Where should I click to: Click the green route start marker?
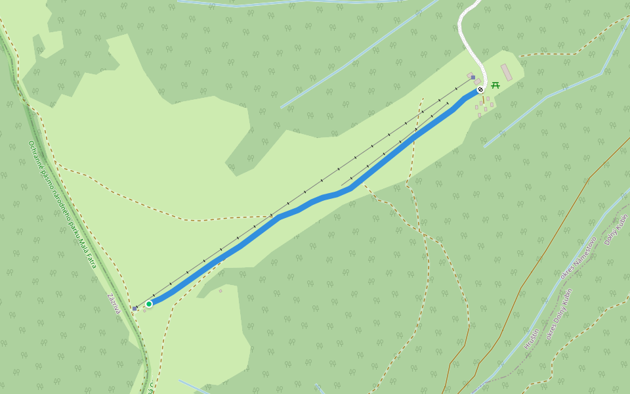(149, 303)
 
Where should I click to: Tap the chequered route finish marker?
(480, 89)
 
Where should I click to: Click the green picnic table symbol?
(495, 85)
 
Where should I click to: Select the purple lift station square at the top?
(472, 77)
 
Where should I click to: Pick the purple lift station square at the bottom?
(135, 308)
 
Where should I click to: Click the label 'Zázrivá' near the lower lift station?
(114, 303)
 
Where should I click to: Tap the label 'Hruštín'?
(532, 338)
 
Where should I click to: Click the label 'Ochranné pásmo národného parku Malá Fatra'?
(62, 204)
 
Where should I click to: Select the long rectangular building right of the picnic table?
(507, 72)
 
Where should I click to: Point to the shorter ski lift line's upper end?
(448, 102)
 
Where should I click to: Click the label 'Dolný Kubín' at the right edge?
(616, 230)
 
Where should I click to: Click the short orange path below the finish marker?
(484, 100)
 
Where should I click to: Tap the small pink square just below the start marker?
(144, 311)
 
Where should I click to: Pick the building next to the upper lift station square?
(470, 75)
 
